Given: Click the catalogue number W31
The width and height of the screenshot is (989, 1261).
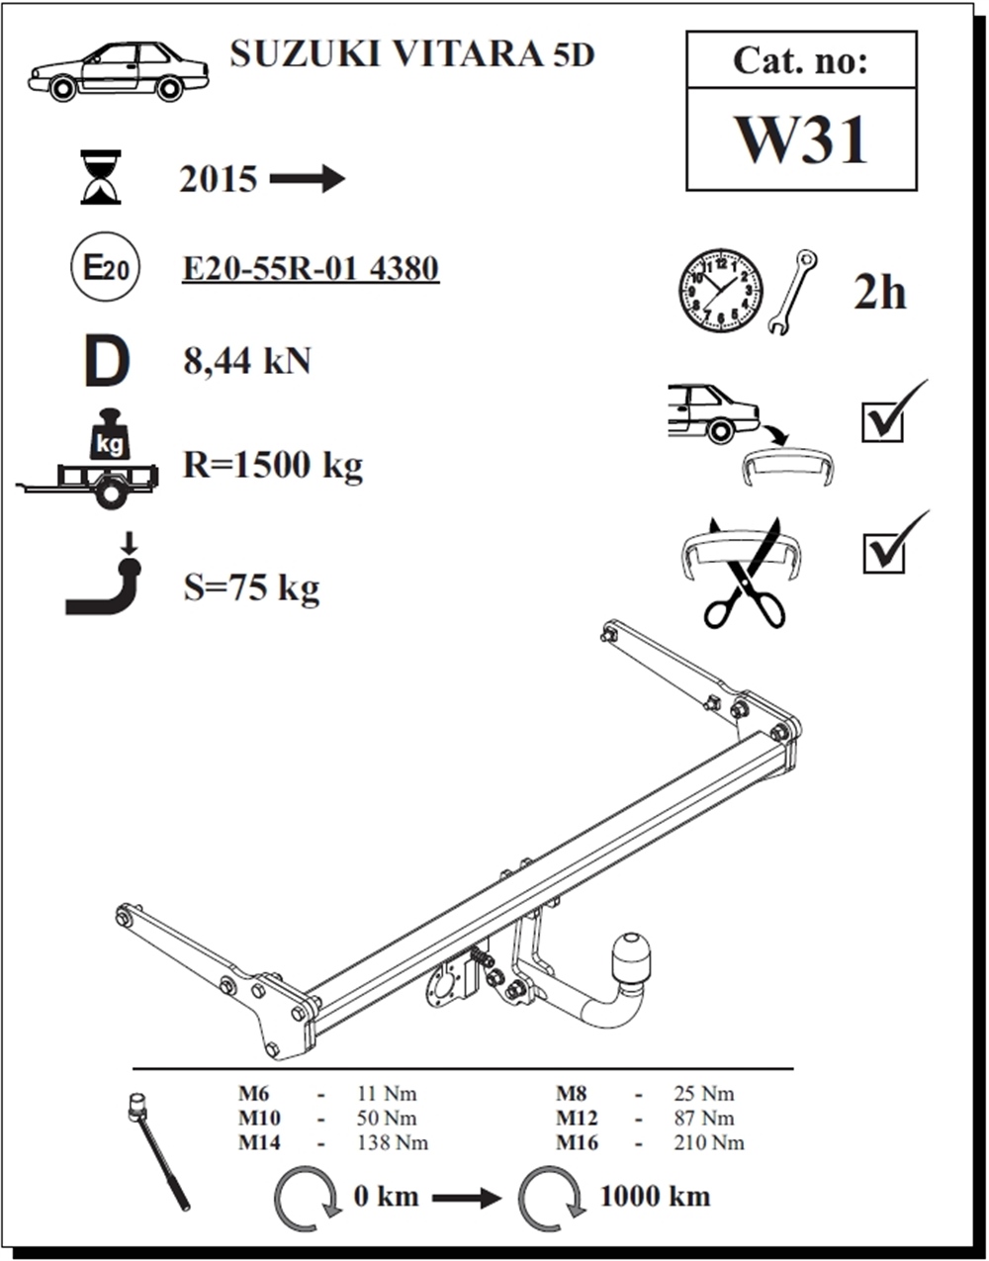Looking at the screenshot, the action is [x=801, y=140].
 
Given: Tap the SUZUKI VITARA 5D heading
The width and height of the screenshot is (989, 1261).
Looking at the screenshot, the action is [x=412, y=55].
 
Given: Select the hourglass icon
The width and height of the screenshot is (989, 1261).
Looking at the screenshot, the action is [x=101, y=177].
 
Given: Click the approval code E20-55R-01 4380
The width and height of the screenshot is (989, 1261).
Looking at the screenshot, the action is [x=311, y=269].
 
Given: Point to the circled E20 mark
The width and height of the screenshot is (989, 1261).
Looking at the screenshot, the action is [x=105, y=267].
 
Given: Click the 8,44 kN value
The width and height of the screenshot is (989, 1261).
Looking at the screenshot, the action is [x=247, y=362].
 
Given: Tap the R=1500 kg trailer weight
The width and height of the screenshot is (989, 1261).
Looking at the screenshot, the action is [x=273, y=466].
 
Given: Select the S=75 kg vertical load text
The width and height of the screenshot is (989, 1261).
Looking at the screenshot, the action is [x=251, y=588].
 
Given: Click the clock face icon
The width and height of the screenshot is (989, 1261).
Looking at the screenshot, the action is [x=721, y=292].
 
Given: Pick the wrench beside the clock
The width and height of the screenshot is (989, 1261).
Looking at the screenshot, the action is [x=792, y=292].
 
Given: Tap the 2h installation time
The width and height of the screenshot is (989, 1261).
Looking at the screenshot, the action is [x=879, y=293].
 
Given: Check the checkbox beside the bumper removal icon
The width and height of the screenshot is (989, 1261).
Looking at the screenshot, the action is [x=883, y=422].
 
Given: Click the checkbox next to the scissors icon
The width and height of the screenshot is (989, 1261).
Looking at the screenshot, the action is [x=883, y=554].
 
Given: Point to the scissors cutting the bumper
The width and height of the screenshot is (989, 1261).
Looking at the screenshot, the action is [x=745, y=575].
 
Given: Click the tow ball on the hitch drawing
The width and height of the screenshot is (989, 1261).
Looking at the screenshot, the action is [x=631, y=959].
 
